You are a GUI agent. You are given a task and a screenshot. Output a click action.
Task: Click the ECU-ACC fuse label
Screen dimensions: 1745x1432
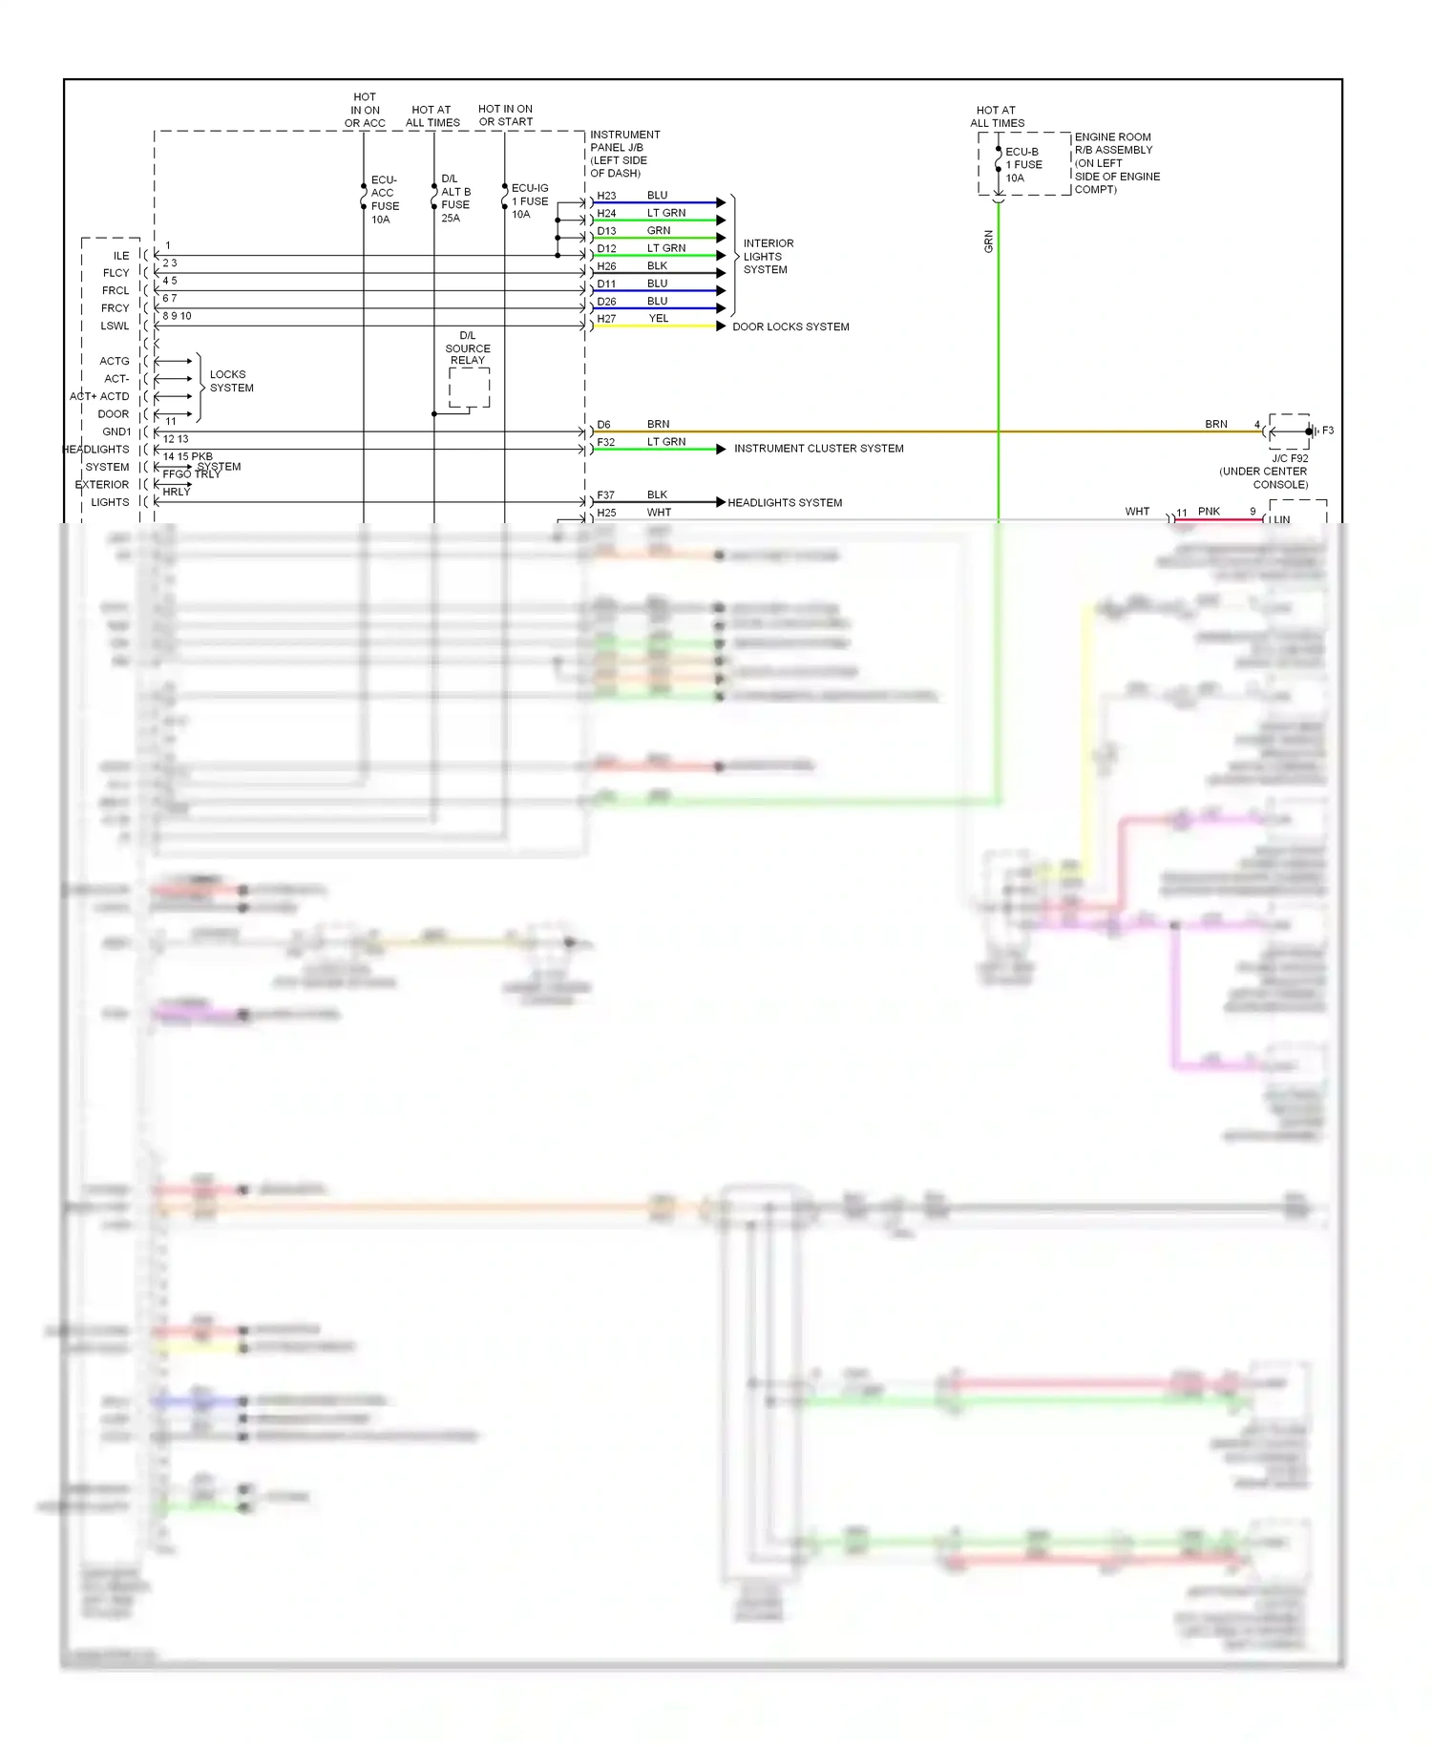[x=385, y=200]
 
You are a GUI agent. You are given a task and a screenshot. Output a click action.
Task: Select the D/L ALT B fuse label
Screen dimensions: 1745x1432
[x=455, y=199]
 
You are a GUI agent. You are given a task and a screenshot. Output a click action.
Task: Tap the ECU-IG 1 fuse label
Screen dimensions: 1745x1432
[x=529, y=201]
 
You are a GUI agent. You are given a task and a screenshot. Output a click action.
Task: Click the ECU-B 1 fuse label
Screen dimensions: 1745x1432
[x=1023, y=165]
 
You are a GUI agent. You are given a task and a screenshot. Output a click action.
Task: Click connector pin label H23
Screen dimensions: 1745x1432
[x=606, y=197]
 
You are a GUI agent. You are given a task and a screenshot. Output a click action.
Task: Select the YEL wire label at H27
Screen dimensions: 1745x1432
[x=659, y=319]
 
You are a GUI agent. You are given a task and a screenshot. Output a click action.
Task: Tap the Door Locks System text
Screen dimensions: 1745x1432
[x=790, y=326]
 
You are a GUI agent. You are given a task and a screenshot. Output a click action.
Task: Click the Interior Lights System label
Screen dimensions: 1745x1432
[x=768, y=257]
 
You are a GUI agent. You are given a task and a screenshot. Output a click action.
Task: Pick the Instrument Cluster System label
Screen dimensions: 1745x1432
[x=818, y=449]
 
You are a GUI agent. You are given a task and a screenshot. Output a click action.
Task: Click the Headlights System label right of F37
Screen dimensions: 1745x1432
[x=785, y=503]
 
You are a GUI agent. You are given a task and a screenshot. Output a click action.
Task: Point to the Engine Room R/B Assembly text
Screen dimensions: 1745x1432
[x=1116, y=163]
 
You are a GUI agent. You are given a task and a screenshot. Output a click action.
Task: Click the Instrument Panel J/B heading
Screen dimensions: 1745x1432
[x=624, y=154]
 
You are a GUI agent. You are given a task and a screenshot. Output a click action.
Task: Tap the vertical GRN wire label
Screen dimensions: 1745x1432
[x=989, y=242]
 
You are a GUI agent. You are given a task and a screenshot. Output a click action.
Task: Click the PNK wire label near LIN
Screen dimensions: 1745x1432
[x=1209, y=512]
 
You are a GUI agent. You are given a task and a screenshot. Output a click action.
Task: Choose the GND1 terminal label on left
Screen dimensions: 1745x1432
[x=116, y=431]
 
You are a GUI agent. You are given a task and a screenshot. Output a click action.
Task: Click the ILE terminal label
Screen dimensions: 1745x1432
[x=121, y=256]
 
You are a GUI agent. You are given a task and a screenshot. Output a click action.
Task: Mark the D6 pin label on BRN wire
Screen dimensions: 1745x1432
[x=603, y=425]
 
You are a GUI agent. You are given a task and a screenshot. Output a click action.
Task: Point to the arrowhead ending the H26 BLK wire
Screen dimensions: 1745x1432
[x=721, y=273]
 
